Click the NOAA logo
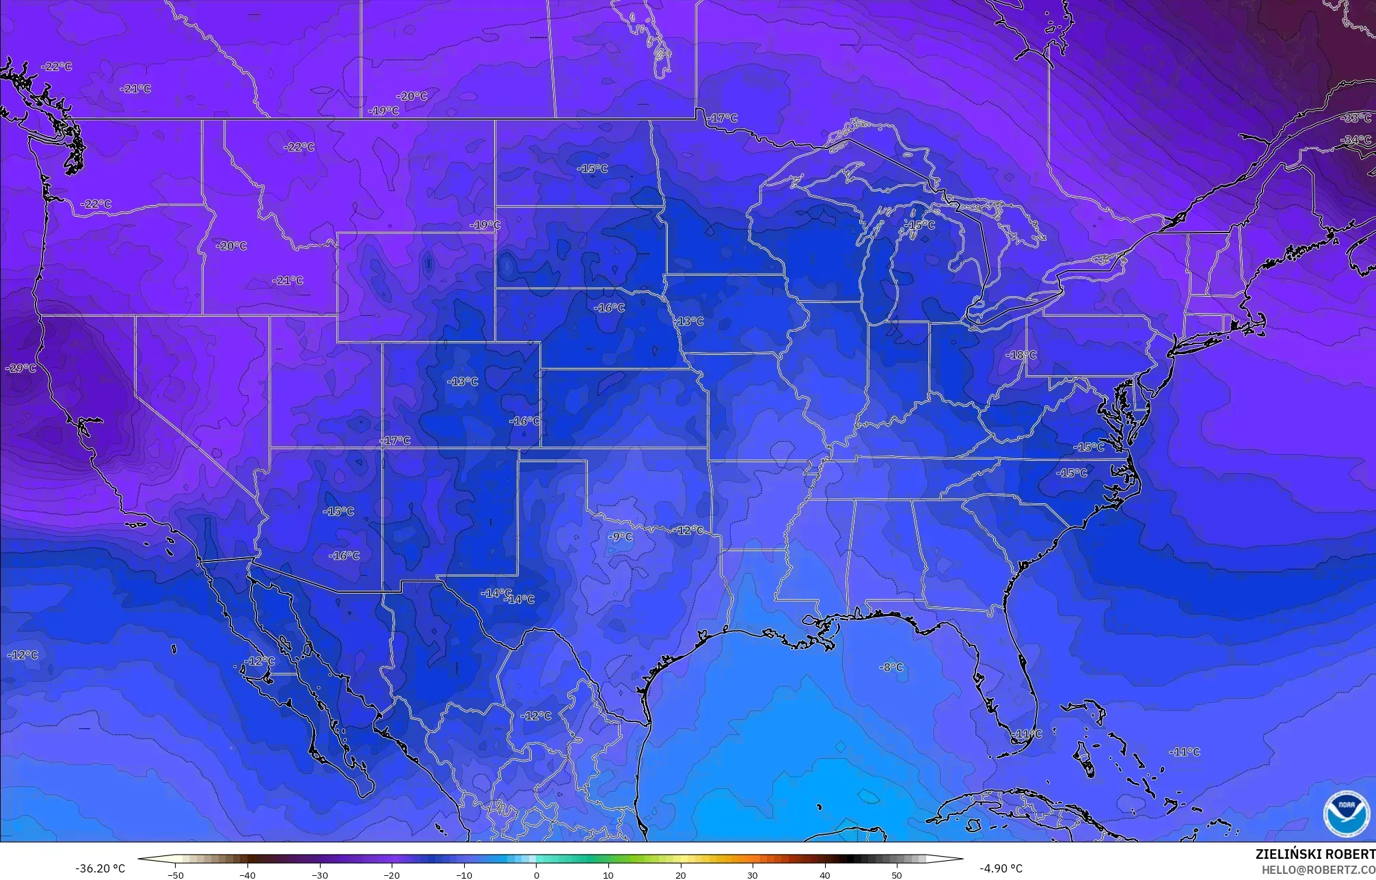pos(1346,814)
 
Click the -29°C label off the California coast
pos(21,369)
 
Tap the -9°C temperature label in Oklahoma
pos(620,537)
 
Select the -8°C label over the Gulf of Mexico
pos(891,667)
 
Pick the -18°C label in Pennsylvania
pos(1021,356)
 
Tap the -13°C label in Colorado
pos(463,382)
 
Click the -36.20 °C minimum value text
pos(100,868)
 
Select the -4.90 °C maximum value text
pos(1001,868)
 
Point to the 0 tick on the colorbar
pos(536,875)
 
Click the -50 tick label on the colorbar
pos(176,875)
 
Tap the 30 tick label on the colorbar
pos(752,875)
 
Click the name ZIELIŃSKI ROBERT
pos(1314,854)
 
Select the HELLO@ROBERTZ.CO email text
pos(1318,870)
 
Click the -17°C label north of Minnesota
pos(723,118)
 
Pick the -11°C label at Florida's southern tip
pos(1027,734)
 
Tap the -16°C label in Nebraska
pos(609,308)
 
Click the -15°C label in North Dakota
pos(592,169)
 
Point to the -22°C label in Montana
pos(299,147)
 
